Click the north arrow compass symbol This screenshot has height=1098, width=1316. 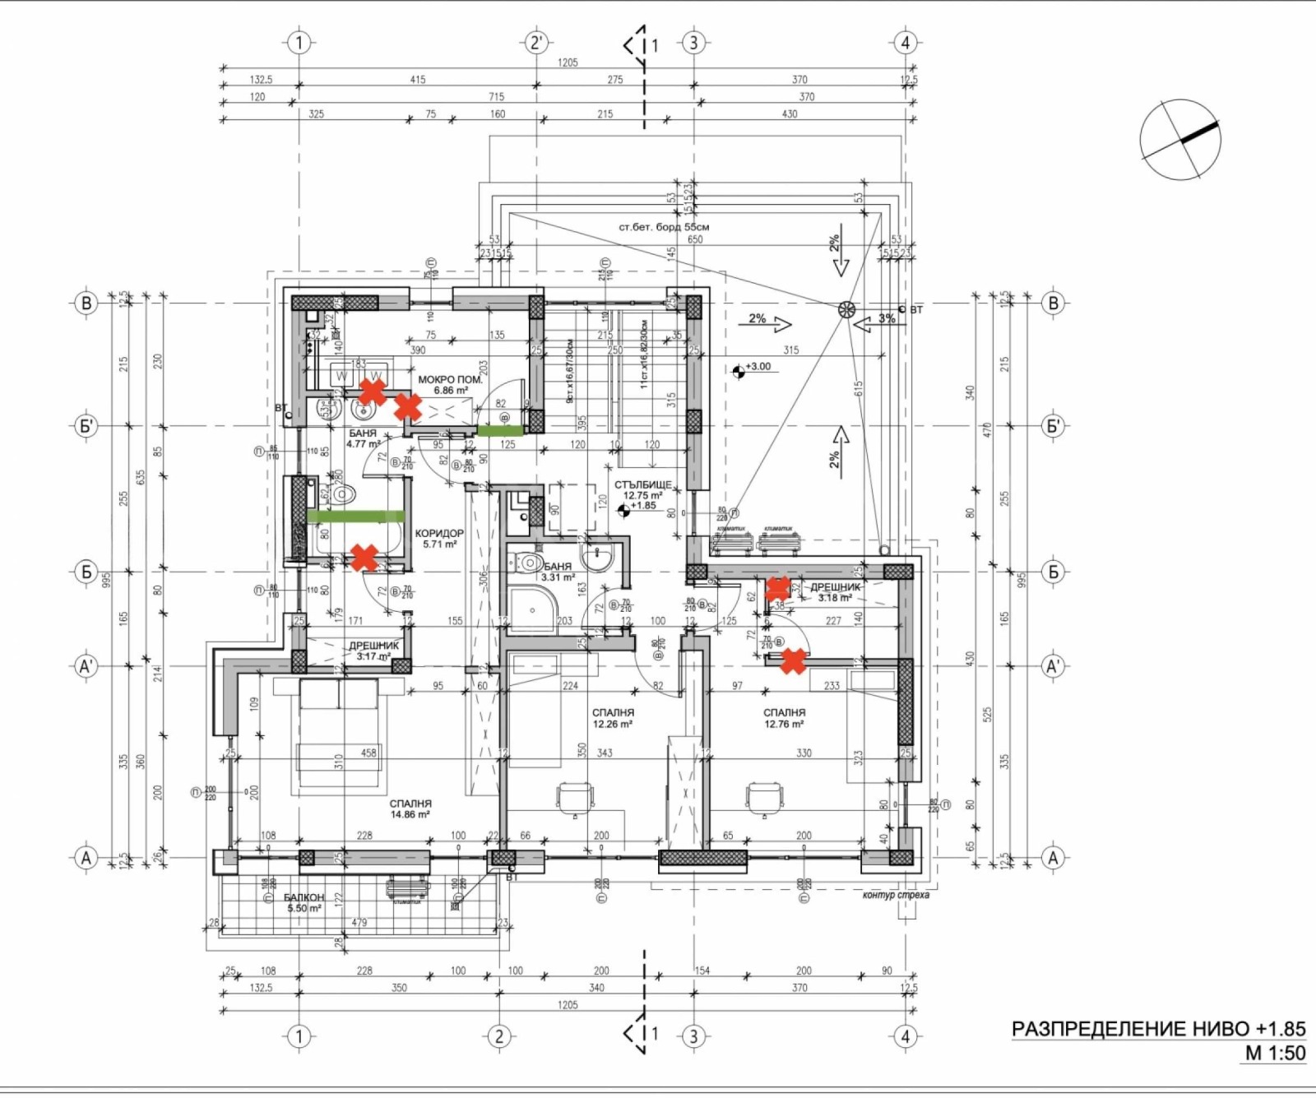1180,140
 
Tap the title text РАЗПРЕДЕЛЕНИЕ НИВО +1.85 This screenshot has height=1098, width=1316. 1158,1029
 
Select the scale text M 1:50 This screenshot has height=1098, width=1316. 1275,1054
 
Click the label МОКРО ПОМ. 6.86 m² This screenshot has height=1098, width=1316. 450,385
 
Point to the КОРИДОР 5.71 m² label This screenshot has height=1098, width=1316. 439,539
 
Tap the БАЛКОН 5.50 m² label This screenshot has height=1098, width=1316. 304,902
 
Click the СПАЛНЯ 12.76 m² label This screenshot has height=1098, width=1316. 784,718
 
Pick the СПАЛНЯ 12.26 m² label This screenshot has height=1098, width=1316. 613,718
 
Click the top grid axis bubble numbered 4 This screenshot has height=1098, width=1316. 906,43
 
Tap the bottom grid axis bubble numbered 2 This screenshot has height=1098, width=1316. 499,1036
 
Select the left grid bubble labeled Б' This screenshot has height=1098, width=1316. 86,426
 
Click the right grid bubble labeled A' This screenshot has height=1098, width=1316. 1054,666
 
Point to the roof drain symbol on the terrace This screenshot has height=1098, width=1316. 846,309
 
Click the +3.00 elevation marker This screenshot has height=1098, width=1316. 739,370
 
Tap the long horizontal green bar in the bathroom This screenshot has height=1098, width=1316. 355,517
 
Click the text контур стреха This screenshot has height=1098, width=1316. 896,895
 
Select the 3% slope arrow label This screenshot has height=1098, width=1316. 886,318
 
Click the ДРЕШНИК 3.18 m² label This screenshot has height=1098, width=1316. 835,592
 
